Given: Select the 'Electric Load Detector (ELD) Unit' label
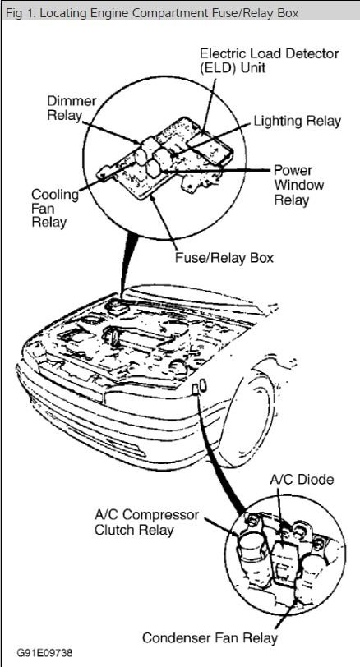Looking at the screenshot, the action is click(270, 61).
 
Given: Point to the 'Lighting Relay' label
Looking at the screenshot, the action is click(298, 122).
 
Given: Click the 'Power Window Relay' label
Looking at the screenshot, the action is click(298, 185).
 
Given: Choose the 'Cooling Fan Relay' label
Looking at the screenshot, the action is click(55, 209).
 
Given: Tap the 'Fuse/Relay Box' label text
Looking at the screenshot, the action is click(224, 258).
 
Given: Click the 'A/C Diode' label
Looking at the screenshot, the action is click(302, 480).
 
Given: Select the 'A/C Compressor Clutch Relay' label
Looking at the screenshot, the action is click(146, 522).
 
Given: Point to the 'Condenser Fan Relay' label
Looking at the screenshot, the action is click(210, 638).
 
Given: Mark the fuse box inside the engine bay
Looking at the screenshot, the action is click(118, 306).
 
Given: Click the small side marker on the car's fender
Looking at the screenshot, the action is click(200, 387).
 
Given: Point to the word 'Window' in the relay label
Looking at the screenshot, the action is click(298, 185).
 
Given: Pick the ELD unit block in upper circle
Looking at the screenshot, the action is click(210, 147).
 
